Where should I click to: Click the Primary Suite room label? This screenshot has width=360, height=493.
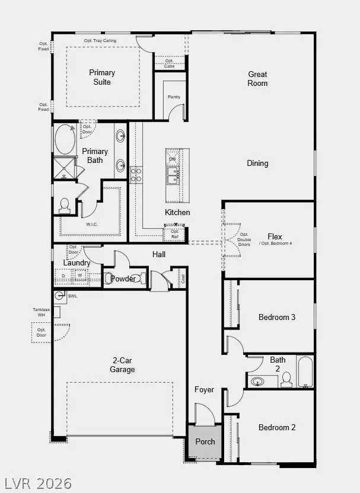click(x=102, y=77)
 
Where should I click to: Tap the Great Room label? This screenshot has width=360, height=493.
click(x=257, y=79)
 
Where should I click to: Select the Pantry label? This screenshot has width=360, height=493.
click(x=174, y=97)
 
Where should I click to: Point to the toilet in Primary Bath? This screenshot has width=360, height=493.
click(x=65, y=205)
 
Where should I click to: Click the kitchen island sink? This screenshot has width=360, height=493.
click(x=174, y=175)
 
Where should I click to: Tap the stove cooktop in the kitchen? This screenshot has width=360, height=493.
click(x=136, y=174)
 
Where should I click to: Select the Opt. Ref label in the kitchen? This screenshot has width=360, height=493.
click(x=174, y=234)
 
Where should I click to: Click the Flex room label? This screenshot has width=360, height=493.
click(x=275, y=236)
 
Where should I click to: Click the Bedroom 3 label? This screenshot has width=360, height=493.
click(x=277, y=317)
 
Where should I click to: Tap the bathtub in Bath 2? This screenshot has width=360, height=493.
click(x=305, y=372)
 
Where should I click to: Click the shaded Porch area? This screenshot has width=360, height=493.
click(x=205, y=442)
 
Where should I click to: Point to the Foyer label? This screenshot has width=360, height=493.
click(x=204, y=389)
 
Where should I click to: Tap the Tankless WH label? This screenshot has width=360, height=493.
click(x=41, y=312)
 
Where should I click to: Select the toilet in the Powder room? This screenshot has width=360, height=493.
click(x=111, y=278)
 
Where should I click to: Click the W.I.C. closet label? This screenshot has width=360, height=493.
click(x=93, y=224)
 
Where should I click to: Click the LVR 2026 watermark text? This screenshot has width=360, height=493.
click(x=38, y=483)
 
